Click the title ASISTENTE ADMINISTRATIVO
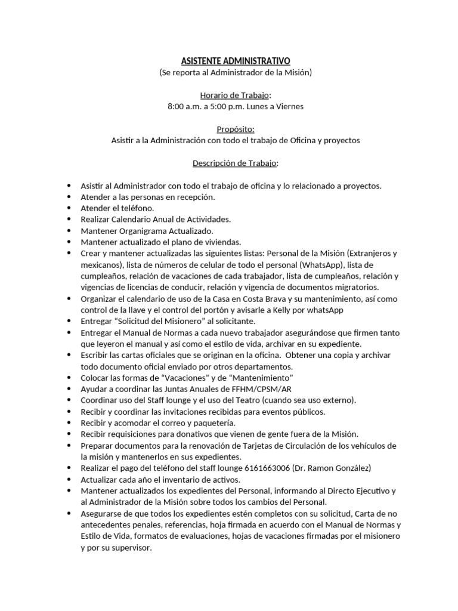click(236, 61)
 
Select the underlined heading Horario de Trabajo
click(234, 95)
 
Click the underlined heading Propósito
click(236, 129)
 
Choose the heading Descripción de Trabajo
click(234, 163)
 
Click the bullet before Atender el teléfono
click(70, 209)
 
